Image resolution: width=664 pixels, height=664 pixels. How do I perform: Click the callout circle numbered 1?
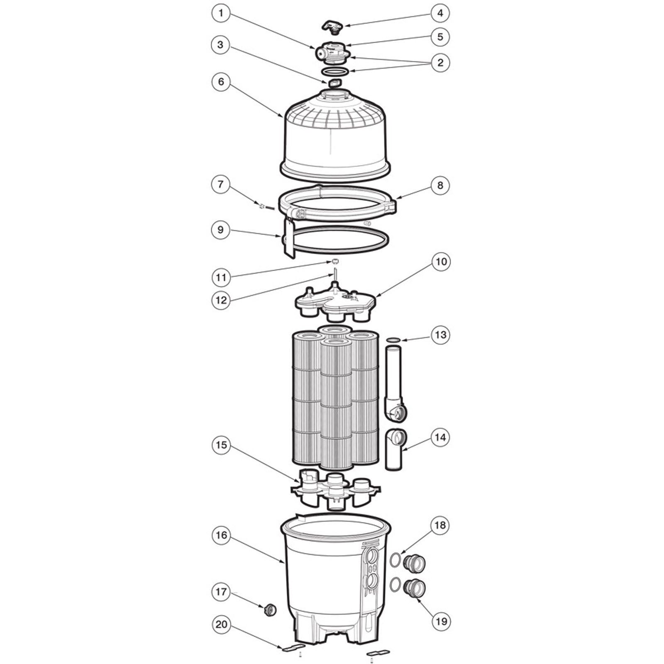coord(221,13)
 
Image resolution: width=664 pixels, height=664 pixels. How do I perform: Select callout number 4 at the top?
coord(440,13)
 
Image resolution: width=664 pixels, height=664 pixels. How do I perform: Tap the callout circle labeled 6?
coord(221,82)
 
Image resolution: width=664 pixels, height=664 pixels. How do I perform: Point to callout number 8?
coord(440,186)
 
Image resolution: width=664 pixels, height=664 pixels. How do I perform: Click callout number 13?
coord(440,334)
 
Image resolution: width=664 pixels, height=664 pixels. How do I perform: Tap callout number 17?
coord(221,591)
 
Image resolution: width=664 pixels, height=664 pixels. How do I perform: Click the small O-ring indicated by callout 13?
coord(393,340)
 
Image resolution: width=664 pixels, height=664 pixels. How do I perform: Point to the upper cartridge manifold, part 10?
coord(335,302)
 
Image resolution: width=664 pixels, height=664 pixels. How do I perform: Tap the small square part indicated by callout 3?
coord(335,83)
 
